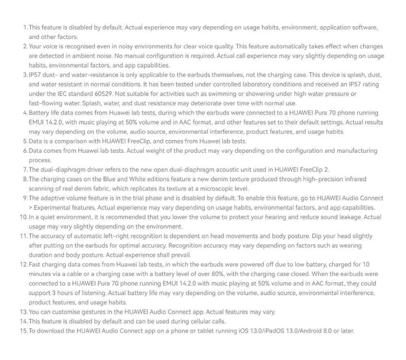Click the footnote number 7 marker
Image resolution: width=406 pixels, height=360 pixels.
click(x=25, y=169)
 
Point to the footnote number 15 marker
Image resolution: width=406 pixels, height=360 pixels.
click(x=23, y=331)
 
